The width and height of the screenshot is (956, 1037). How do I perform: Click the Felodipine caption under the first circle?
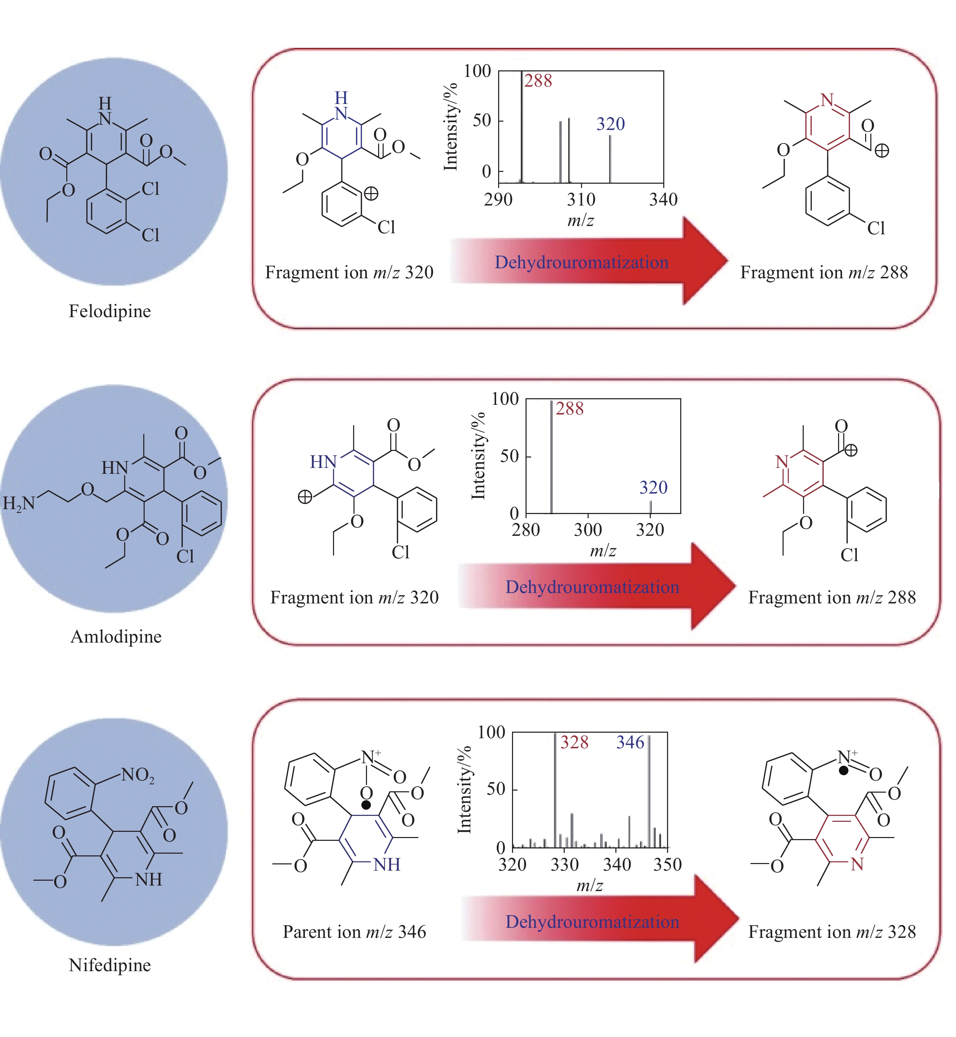click(x=110, y=311)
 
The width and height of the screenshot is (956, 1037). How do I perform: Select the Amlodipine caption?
click(x=116, y=636)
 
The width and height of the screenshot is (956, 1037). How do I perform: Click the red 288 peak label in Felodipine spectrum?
click(x=538, y=81)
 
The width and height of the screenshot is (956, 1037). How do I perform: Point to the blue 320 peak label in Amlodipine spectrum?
click(x=654, y=488)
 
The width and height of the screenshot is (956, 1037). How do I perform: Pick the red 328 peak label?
click(x=574, y=742)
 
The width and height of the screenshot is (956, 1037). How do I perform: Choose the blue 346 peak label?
click(x=630, y=742)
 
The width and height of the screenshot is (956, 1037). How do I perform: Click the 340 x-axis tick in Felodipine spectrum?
click(x=663, y=200)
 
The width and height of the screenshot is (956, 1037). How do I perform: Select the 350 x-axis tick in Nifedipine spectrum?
click(x=667, y=864)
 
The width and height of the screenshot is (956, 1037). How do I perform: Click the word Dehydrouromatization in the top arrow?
click(x=581, y=263)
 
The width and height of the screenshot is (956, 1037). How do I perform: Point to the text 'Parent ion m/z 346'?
click(x=355, y=932)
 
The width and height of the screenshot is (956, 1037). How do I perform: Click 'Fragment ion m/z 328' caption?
click(x=832, y=932)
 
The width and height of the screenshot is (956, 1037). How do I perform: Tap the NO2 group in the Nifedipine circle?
click(x=138, y=775)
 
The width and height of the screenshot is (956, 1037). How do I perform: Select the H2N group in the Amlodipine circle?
click(x=19, y=503)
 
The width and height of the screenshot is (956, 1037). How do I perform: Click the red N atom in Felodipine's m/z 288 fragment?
click(x=827, y=100)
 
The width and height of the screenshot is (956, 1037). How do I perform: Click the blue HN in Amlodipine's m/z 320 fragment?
click(x=323, y=462)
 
